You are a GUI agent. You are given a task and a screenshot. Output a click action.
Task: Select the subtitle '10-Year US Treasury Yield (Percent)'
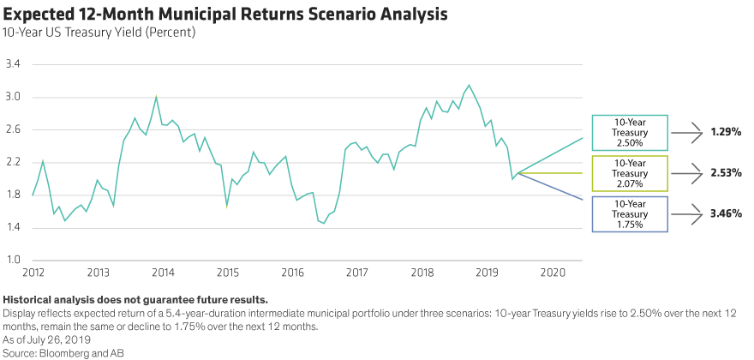pyautogui.click(x=100, y=33)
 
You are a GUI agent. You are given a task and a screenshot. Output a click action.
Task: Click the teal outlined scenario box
pyautogui.click(x=629, y=133)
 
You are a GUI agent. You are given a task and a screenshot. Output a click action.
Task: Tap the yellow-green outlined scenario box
pyautogui.click(x=629, y=173)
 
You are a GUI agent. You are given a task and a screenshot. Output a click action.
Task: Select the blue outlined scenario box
pyautogui.click(x=629, y=213)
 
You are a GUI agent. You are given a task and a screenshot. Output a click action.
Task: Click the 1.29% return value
pyautogui.click(x=724, y=133)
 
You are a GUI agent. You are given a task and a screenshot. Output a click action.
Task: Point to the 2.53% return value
pyautogui.click(x=724, y=173)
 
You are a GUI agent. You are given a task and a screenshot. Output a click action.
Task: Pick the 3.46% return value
pyautogui.click(x=724, y=213)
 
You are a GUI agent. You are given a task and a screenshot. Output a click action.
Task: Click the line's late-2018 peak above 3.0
pyautogui.click(x=468, y=85)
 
